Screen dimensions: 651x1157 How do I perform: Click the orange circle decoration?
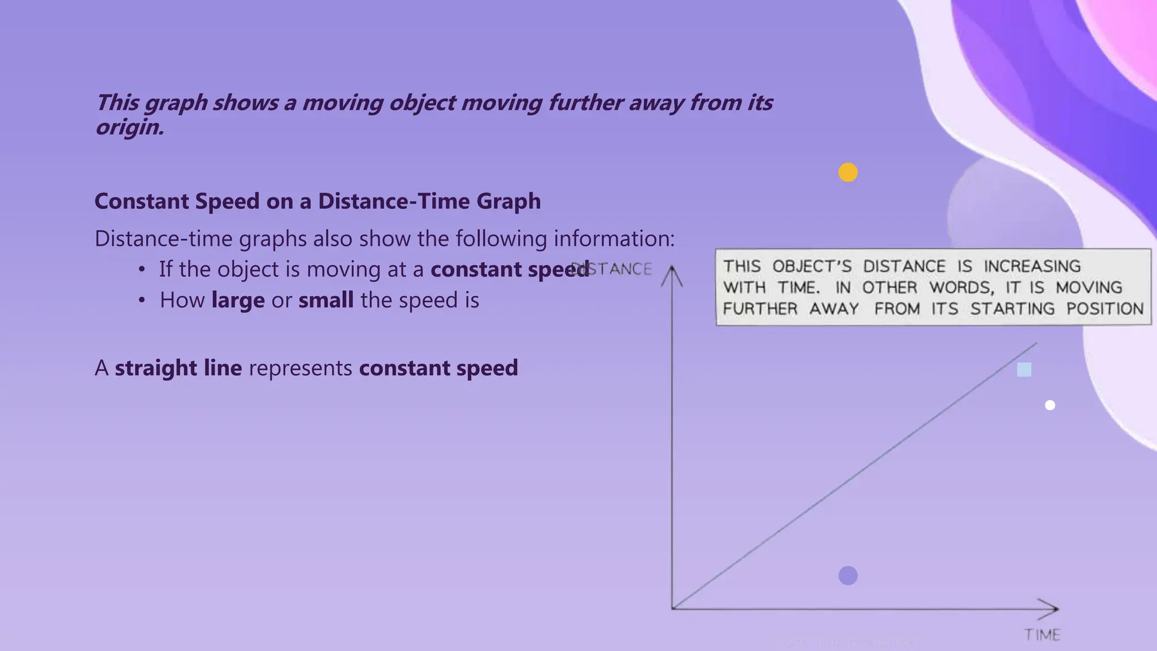tap(847, 172)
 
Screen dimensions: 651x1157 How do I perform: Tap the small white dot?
tap(1050, 405)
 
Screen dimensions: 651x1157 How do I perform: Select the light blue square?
tap(1024, 370)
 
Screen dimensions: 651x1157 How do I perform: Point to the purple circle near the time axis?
tap(847, 576)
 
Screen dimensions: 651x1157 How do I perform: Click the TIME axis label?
tap(1042, 635)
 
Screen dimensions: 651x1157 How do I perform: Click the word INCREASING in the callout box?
tap(1032, 266)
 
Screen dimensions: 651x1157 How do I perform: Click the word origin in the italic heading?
tap(129, 128)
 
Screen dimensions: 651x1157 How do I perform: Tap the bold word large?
tap(238, 300)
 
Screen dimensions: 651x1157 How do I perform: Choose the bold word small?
tap(326, 300)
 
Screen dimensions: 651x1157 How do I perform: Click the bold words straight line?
tap(179, 368)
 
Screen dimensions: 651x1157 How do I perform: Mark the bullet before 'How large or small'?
tap(142, 300)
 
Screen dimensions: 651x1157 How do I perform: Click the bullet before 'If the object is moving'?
tap(142, 270)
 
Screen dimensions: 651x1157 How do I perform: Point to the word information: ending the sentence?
tap(614, 238)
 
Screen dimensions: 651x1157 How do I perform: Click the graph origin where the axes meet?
tap(672, 609)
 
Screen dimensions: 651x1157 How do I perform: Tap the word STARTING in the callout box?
tap(1012, 309)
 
